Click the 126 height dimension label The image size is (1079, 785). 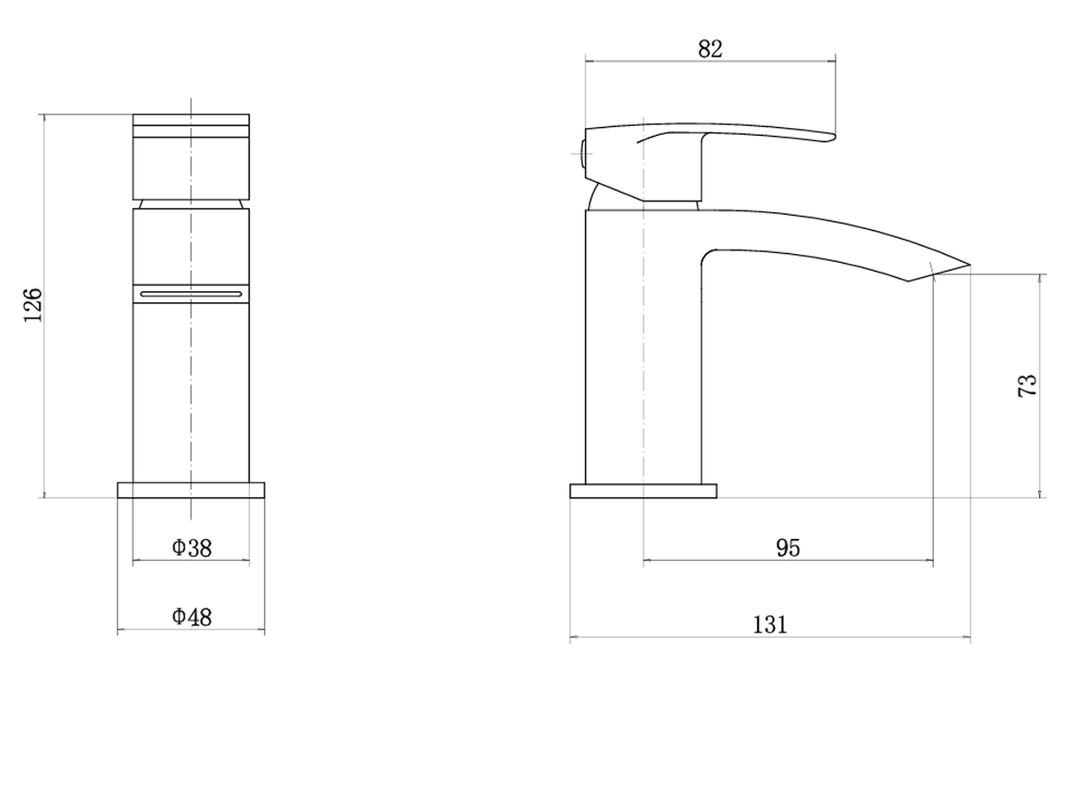coord(33,305)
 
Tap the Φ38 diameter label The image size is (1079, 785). coord(192,548)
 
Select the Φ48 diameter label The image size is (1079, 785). coord(192,617)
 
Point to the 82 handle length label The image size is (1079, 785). coord(710,49)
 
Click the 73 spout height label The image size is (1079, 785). coord(1027,385)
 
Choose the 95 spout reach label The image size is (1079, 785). coord(788,548)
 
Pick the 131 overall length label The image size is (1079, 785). coord(770,625)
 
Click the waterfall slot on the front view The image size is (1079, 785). coord(191,294)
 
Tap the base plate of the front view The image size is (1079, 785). coord(191,490)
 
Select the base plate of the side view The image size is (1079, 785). coord(643,491)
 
